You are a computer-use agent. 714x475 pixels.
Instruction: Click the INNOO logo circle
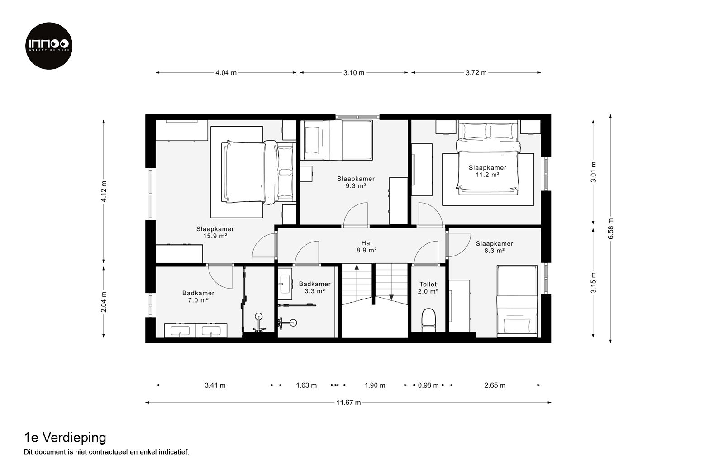(49, 46)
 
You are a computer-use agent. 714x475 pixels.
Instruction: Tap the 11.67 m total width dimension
(348, 403)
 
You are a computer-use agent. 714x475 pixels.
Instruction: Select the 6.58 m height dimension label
(611, 228)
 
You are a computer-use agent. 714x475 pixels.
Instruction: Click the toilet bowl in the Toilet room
(428, 320)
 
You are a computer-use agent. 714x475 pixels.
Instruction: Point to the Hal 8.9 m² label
(367, 247)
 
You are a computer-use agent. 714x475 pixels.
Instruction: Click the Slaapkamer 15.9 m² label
(215, 233)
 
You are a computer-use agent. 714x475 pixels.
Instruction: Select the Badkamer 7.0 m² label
(198, 296)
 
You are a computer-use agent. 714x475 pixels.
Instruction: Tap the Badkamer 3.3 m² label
(314, 287)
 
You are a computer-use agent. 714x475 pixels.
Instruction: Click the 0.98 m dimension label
(428, 385)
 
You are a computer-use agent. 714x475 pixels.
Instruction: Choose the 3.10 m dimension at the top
(354, 73)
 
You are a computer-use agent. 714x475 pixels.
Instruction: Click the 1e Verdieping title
(65, 438)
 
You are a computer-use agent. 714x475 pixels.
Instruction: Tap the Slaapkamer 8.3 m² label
(495, 247)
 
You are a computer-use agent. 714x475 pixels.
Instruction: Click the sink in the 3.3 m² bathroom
(285, 284)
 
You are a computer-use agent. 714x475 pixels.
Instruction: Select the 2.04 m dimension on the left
(104, 302)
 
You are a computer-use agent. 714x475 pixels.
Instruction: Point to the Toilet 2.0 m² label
(428, 288)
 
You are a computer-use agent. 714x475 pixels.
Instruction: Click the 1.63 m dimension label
(306, 385)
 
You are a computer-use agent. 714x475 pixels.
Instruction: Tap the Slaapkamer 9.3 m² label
(356, 182)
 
